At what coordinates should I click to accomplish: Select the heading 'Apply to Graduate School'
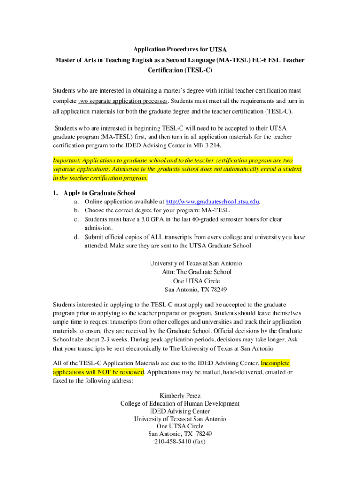pos(100,193)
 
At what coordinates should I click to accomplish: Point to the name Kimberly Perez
pos(180,396)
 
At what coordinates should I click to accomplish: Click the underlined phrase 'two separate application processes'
pos(123,101)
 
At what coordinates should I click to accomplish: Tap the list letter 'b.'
pos(76,210)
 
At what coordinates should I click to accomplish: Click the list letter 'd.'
pos(76,237)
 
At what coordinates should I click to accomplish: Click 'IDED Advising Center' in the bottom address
pos(180,411)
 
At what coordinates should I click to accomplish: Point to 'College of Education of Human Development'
pos(180,403)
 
